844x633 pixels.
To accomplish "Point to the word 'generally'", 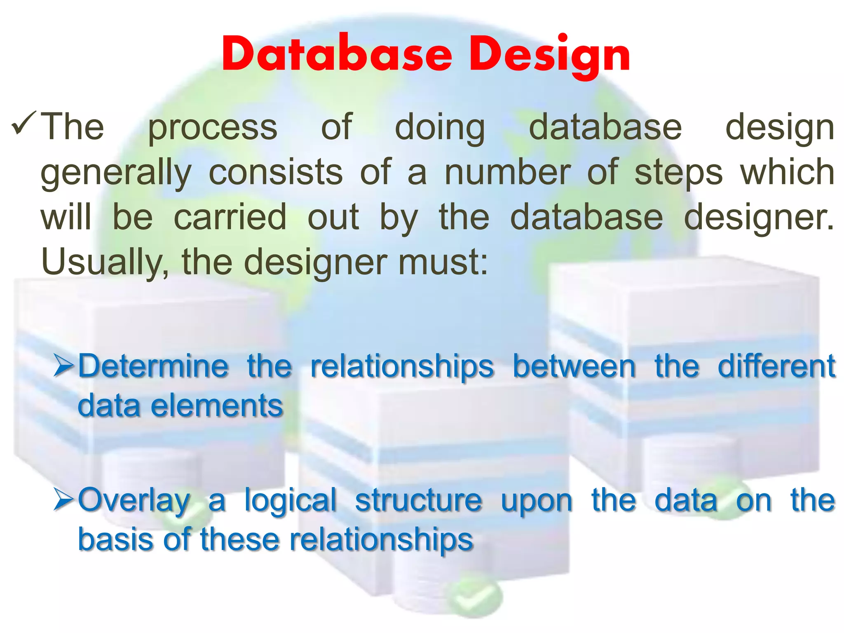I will pyautogui.click(x=116, y=173).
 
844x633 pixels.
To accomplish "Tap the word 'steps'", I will pyautogui.click(x=678, y=173).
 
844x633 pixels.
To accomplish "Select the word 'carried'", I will pyautogui.click(x=230, y=217).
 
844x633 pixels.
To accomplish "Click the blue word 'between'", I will pyautogui.click(x=574, y=366).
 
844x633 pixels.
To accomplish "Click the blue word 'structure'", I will pyautogui.click(x=418, y=500).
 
